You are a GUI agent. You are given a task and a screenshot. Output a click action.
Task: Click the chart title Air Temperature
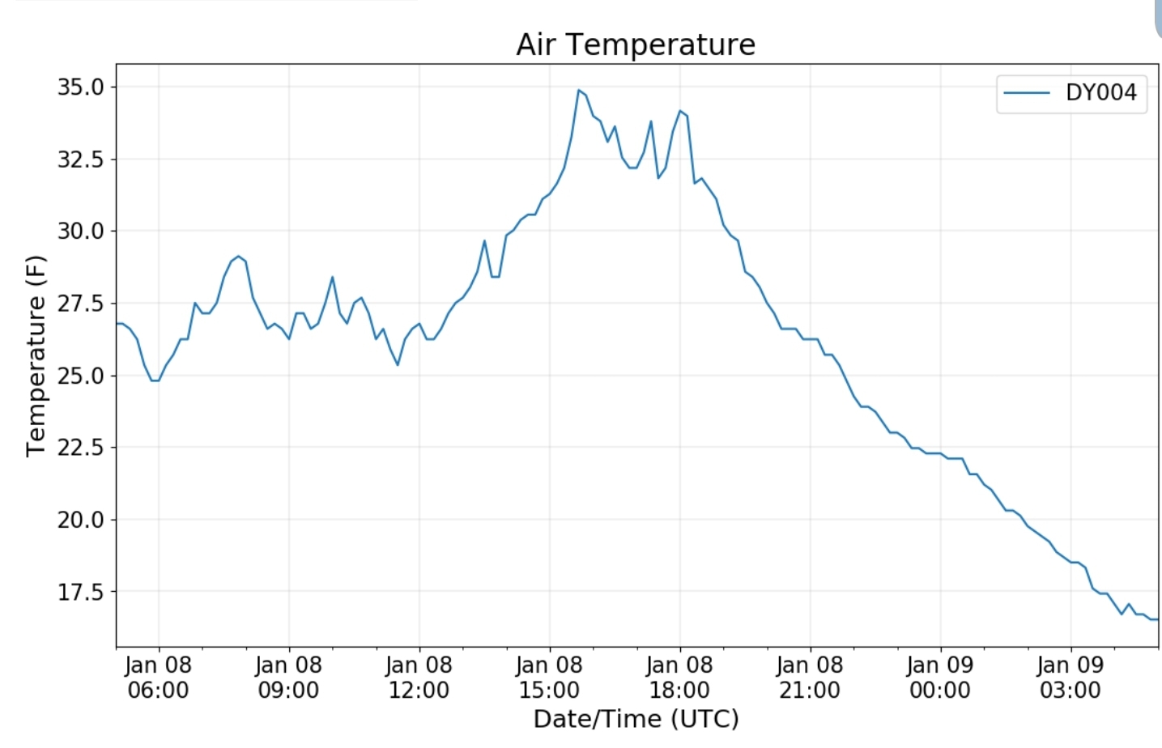point(636,45)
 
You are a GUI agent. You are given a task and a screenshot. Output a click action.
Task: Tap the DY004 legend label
point(1101,93)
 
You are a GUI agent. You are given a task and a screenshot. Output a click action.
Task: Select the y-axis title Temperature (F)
point(36,356)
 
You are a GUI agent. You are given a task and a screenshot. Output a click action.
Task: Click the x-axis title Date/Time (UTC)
point(636,719)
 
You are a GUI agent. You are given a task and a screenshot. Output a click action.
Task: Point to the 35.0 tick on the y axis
point(81,87)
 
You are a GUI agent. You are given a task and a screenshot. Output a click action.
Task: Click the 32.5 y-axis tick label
point(81,159)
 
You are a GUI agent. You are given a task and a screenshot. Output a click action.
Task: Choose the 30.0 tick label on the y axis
point(81,231)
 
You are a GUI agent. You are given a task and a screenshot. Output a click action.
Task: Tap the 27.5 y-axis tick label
point(81,303)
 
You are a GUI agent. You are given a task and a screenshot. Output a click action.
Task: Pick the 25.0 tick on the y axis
point(81,375)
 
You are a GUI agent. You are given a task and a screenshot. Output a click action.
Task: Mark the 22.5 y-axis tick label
point(81,447)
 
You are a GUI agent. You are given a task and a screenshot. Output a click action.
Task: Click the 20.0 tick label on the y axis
point(81,519)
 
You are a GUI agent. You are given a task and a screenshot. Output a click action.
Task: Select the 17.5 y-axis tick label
point(81,591)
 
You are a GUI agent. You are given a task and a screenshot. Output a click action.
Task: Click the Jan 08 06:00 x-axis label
point(158,678)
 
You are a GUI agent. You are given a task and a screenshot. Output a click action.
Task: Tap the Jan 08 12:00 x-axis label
point(419,678)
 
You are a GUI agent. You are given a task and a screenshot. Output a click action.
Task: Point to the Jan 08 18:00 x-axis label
point(679,678)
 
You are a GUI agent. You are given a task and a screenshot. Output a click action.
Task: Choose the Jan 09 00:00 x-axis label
point(940,678)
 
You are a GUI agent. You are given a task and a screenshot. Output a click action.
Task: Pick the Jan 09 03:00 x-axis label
point(1070,678)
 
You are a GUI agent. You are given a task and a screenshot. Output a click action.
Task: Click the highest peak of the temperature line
point(578,90)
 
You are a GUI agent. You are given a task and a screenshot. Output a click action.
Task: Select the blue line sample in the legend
point(1027,93)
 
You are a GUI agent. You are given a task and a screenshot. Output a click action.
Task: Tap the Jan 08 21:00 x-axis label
point(810,678)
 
